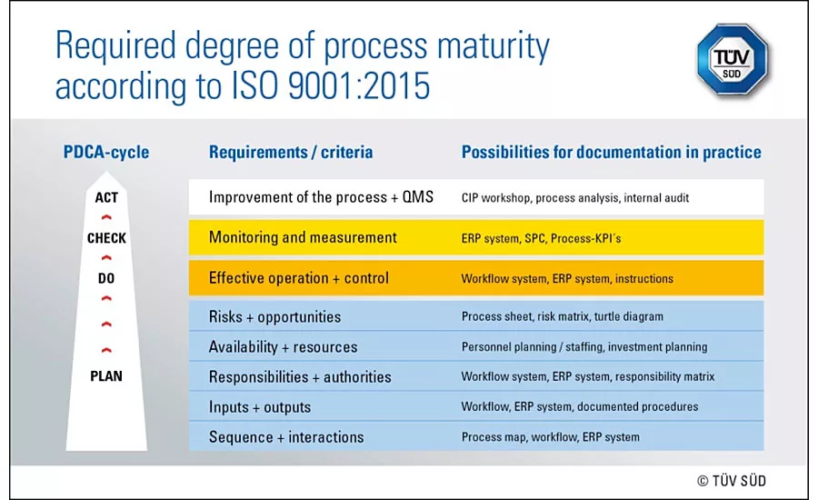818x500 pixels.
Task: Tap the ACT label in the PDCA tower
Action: click(x=106, y=198)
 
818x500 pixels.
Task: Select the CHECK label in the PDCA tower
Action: click(x=106, y=238)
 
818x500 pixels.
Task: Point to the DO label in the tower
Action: click(x=106, y=278)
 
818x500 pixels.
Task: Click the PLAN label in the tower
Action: click(x=106, y=375)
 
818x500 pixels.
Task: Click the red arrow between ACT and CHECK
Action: click(x=106, y=217)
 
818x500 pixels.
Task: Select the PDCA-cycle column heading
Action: click(x=106, y=152)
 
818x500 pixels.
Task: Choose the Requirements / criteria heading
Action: click(x=291, y=152)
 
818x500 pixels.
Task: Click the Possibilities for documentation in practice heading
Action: click(x=612, y=152)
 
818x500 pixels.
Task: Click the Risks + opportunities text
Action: click(x=274, y=316)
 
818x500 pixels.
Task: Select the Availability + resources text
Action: click(x=284, y=347)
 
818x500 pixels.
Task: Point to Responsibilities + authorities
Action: click(x=300, y=377)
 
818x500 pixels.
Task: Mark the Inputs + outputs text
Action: click(x=260, y=407)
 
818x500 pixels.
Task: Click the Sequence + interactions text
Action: click(x=286, y=437)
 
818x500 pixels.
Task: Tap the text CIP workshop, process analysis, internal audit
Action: click(x=575, y=198)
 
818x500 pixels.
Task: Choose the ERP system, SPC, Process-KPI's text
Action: click(x=542, y=238)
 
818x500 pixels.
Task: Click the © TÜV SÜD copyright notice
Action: click(x=732, y=481)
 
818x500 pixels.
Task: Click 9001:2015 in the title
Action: click(x=359, y=85)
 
